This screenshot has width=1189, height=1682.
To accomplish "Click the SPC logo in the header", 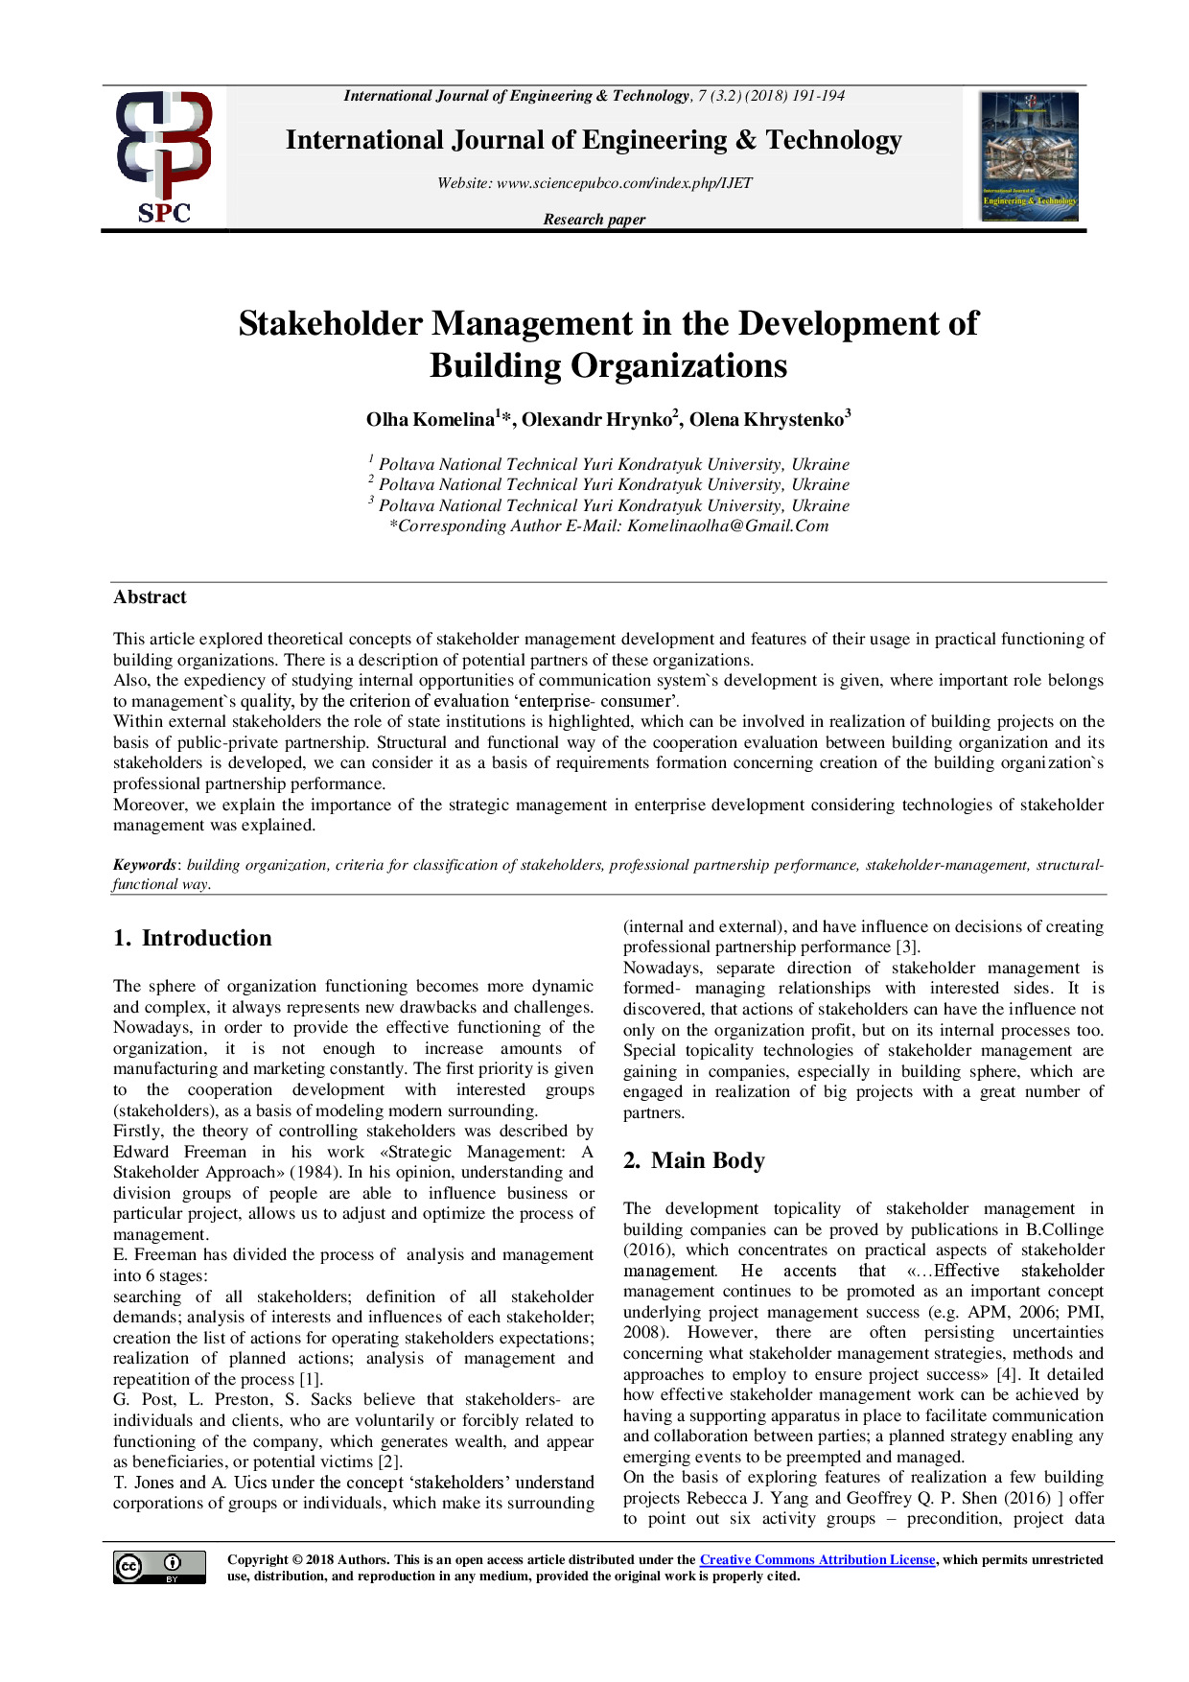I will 164,157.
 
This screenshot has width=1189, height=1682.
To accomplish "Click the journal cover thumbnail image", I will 1029,156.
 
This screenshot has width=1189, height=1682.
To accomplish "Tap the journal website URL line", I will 594,183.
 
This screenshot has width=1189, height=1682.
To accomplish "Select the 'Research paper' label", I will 594,220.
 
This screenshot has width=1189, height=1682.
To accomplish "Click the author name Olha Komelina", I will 431,420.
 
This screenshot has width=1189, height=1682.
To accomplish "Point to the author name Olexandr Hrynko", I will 597,420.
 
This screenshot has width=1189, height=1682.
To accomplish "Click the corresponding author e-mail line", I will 608,526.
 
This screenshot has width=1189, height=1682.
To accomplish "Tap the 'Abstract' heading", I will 150,597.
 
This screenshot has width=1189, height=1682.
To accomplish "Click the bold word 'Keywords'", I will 144,865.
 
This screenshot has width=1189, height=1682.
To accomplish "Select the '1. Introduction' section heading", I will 192,938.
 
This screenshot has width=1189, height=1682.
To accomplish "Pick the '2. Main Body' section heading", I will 694,1160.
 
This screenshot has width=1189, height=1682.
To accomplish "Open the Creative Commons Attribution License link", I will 817,1560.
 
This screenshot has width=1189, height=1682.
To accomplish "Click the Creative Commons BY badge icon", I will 159,1567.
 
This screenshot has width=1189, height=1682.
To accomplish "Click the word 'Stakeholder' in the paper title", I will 330,324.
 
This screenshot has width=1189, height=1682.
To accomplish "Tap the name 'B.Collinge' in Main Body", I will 1064,1229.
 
